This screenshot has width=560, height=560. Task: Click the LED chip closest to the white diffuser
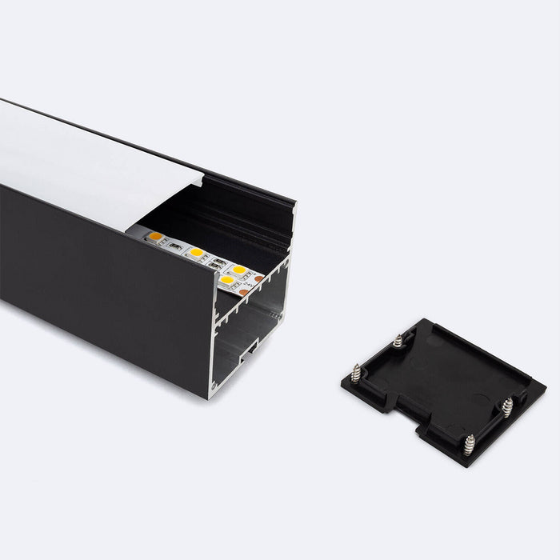pos(156,237)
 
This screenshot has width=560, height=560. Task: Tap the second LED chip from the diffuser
pos(196,253)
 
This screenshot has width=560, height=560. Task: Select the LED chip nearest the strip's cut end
pos(227,280)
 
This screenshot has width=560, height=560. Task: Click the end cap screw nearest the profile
pos(398,341)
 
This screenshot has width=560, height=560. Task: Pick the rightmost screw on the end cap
pos(507,407)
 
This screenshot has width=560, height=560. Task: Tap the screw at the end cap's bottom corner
pos(469,445)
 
